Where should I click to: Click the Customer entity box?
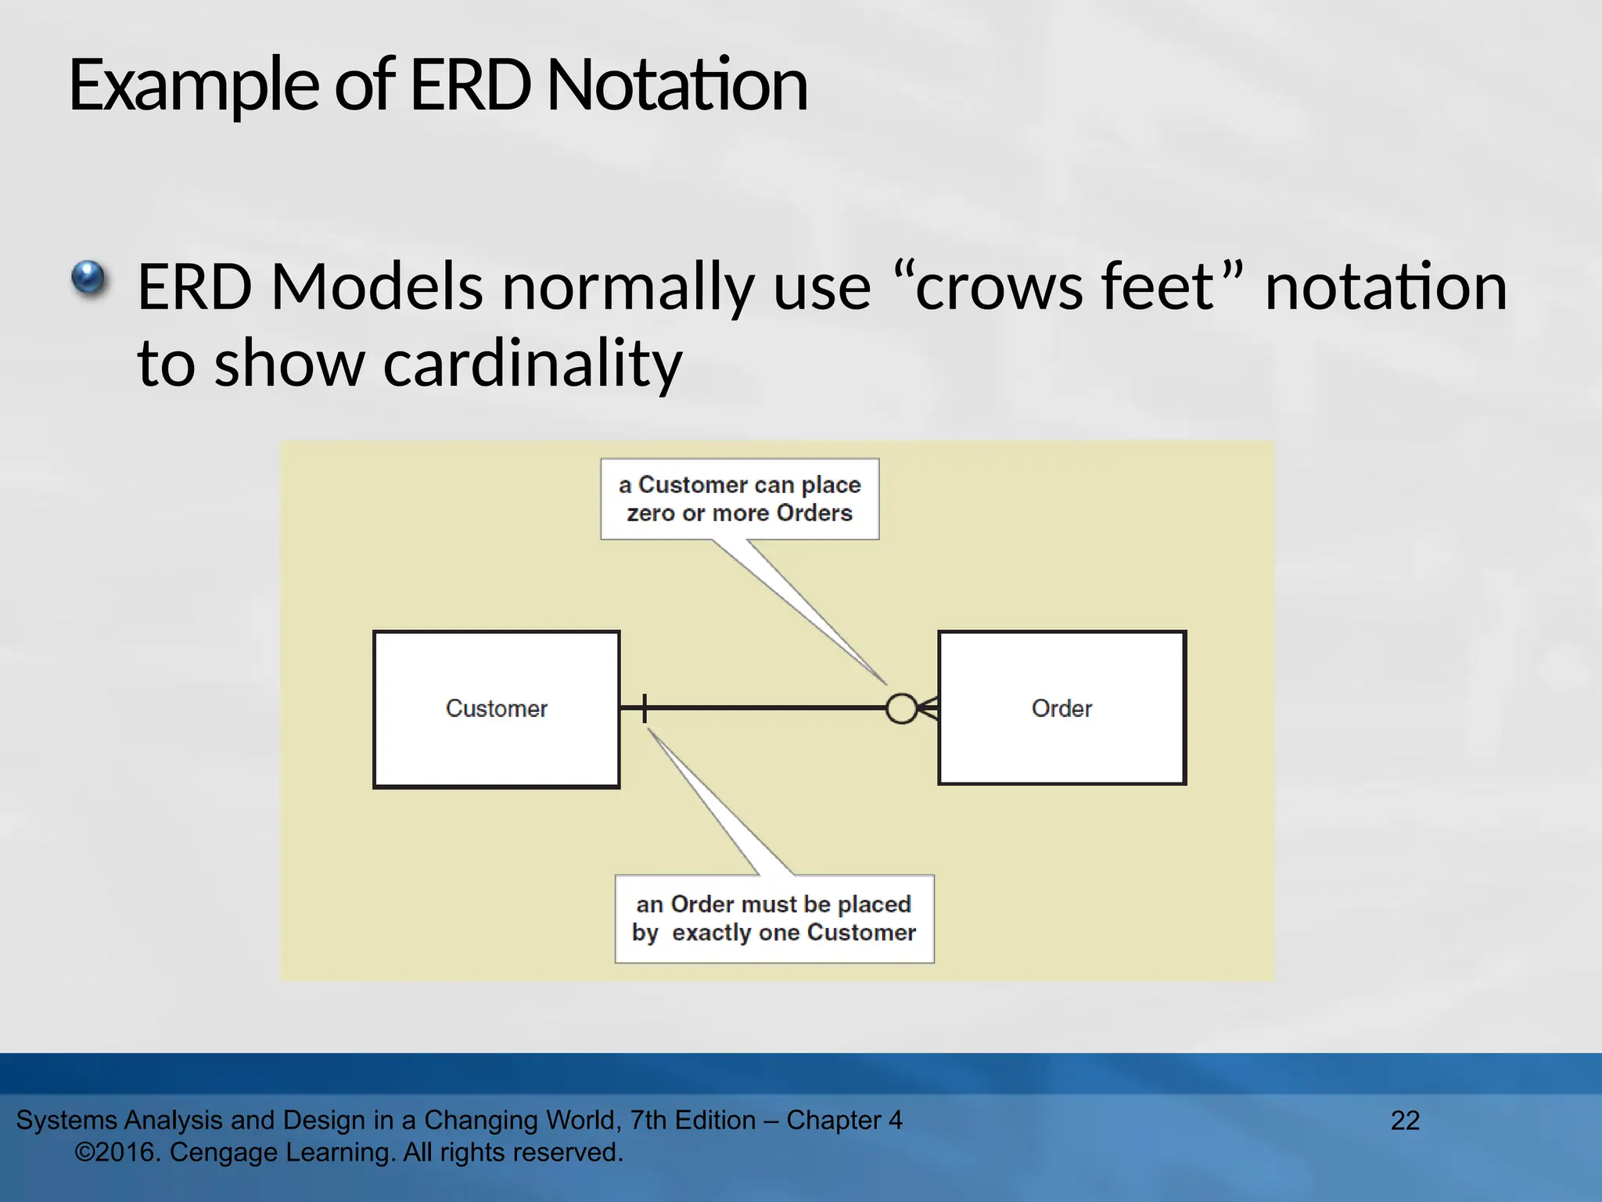[496, 709]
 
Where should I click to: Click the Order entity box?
[1061, 708]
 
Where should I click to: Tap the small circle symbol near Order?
[901, 709]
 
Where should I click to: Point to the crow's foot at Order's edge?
[929, 709]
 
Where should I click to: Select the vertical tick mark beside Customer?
[645, 708]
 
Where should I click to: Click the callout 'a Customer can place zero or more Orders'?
[739, 498]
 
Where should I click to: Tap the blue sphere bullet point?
[88, 279]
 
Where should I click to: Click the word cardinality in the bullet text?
[532, 363]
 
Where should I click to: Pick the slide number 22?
[1405, 1121]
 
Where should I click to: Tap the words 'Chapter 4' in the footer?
[844, 1121]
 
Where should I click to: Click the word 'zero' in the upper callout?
[651, 513]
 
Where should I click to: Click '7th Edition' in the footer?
[693, 1121]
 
